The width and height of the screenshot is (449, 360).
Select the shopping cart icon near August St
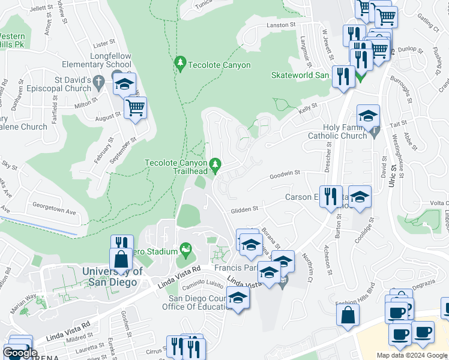pos(136,108)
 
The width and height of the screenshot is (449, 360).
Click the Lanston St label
pos(282,25)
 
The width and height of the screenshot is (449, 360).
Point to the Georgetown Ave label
pos(55,212)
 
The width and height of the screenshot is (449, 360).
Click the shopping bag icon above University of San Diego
pos(121,259)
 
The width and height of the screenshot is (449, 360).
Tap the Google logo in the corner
pos(20,353)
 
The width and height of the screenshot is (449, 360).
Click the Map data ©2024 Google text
pos(411,355)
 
